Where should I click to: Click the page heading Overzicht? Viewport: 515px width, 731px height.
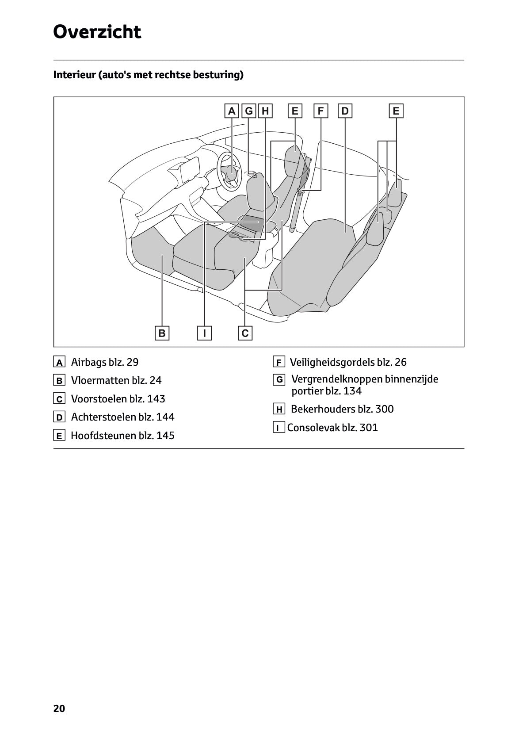point(97,32)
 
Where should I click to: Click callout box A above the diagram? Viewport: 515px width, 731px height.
point(231,111)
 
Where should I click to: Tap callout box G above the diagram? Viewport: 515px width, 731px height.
point(249,111)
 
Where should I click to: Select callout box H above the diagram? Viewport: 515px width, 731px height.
point(265,111)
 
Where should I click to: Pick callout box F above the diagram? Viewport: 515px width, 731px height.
point(321,111)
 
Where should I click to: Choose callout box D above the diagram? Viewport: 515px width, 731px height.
point(345,111)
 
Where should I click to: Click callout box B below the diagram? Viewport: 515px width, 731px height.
point(162,333)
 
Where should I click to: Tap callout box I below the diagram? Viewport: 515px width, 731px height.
point(204,333)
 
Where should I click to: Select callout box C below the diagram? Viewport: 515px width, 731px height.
point(245,333)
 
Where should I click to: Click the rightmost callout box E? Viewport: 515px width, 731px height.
point(396,111)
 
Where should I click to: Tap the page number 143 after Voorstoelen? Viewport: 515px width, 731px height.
point(156,399)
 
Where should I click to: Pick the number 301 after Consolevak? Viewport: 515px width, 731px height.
point(369,428)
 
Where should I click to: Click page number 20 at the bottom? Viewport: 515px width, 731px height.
point(59,708)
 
